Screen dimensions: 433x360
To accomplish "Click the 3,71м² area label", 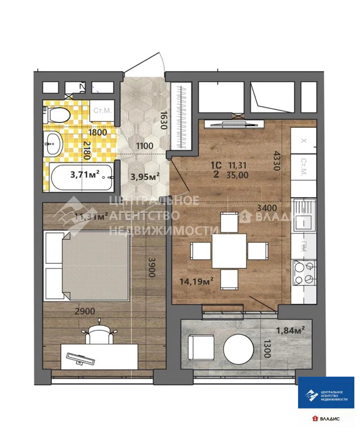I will (x=85, y=174).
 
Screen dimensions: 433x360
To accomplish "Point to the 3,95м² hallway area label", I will (x=145, y=176).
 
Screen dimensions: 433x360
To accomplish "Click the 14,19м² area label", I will (x=195, y=282).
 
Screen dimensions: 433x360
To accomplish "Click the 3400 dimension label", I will (x=266, y=207).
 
